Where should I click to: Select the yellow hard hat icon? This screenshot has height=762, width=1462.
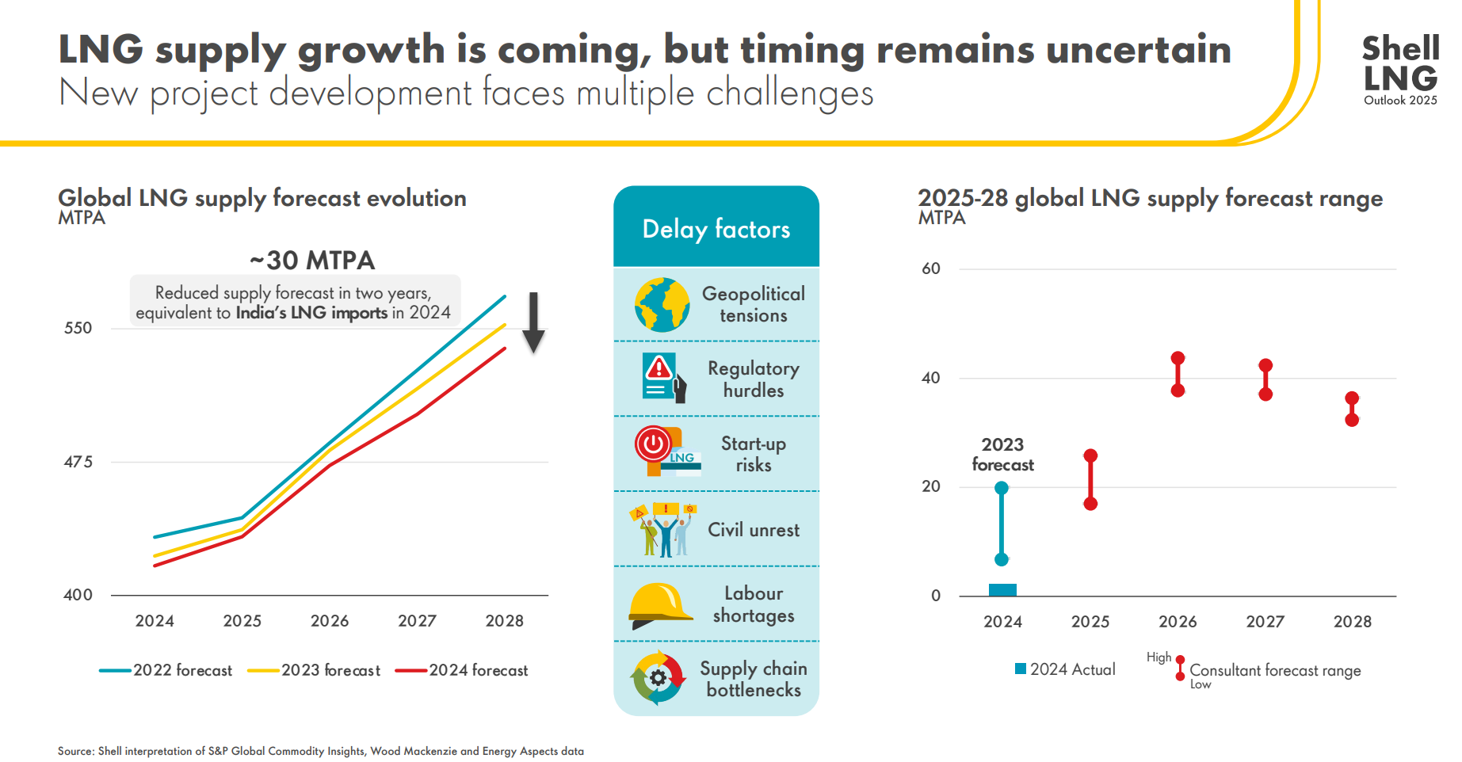coord(659,604)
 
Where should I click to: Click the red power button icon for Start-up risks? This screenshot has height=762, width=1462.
coord(654,444)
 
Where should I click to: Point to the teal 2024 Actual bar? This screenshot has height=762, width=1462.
coord(1002,590)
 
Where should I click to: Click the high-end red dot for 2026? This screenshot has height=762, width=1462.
coord(1178,358)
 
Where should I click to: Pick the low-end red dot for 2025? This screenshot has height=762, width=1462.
coord(1090,504)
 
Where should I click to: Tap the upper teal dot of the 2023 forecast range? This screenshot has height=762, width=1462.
coord(1002,488)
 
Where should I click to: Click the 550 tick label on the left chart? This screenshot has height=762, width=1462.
coord(78,328)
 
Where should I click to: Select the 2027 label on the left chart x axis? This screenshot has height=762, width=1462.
coord(417,621)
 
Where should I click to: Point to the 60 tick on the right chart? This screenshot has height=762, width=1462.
coord(931,269)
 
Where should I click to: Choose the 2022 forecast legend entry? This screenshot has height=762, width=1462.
coord(166,670)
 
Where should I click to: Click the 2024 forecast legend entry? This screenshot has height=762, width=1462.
coord(463,670)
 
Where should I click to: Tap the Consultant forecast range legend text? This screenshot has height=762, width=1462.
coord(1274,670)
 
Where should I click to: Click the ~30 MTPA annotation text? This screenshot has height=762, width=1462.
coord(312,260)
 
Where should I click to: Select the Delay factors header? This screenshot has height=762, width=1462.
coord(716,229)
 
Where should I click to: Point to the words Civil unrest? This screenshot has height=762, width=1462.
coord(753,530)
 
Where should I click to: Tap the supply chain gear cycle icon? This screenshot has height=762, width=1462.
coord(658,678)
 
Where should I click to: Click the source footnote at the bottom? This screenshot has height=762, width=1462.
coord(320,751)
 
